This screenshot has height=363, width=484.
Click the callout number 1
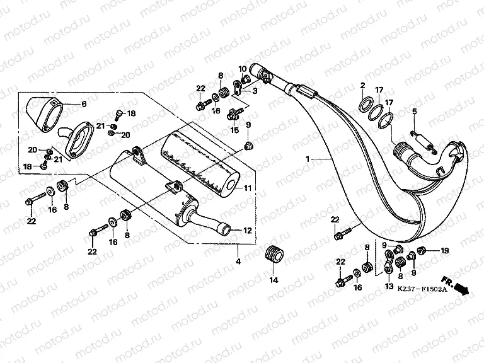(x=308, y=160)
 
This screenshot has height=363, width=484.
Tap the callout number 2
(x=363, y=85)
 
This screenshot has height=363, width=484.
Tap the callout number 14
(x=274, y=279)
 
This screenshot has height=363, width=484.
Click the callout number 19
(x=444, y=251)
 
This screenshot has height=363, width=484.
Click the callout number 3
(x=255, y=91)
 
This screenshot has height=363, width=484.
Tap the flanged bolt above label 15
(x=235, y=113)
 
